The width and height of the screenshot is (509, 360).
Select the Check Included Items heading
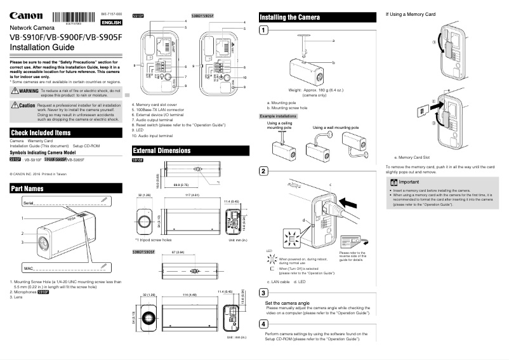pyautogui.click(x=41, y=133)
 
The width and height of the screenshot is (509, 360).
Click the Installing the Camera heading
pyautogui.click(x=294, y=17)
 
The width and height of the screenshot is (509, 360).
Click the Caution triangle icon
pyautogui.click(x=15, y=105)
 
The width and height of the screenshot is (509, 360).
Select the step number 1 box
pyautogui.click(x=264, y=30)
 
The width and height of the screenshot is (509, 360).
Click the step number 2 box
pyautogui.click(x=264, y=172)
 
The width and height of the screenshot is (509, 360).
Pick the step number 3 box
pyautogui.click(x=264, y=292)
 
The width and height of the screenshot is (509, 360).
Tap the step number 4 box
pyautogui.click(x=264, y=323)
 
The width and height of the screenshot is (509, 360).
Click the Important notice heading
pyautogui.click(x=413, y=181)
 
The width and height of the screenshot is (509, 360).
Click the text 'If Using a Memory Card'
pyautogui.click(x=411, y=13)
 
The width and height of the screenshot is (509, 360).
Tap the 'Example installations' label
pyautogui.click(x=280, y=117)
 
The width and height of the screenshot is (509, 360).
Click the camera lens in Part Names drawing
pyautogui.click(x=43, y=243)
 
